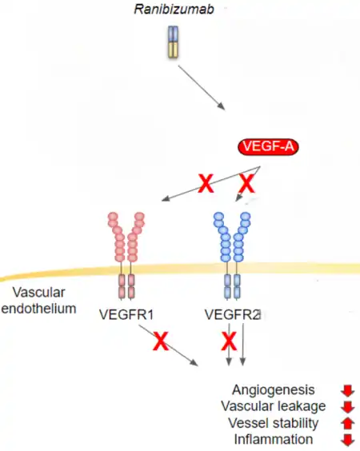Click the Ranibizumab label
click(x=174, y=10)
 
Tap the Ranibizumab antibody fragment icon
click(x=174, y=42)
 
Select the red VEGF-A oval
click(x=268, y=146)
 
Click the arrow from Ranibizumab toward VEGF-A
click(x=202, y=88)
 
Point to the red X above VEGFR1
click(x=206, y=183)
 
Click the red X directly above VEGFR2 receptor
click(x=247, y=183)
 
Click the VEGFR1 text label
click(x=126, y=315)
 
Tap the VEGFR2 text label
click(x=233, y=315)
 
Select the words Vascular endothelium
click(x=39, y=301)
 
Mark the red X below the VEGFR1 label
click(x=161, y=341)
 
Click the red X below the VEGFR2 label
click(x=229, y=341)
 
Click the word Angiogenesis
click(x=274, y=390)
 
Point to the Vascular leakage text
click(x=274, y=406)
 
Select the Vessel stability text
click(x=274, y=423)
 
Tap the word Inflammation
click(x=274, y=440)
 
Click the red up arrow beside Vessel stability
click(x=348, y=423)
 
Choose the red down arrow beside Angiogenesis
click(x=348, y=391)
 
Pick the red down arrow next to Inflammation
click(x=348, y=440)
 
